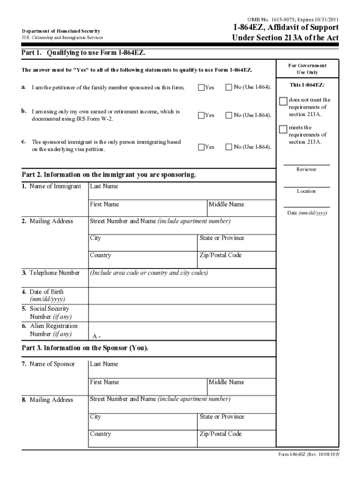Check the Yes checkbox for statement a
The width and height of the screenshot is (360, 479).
click(x=202, y=87)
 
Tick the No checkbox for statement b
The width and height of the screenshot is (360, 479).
click(x=229, y=115)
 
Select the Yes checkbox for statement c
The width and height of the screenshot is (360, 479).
click(x=202, y=147)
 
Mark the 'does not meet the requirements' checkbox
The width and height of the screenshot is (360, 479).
click(x=283, y=102)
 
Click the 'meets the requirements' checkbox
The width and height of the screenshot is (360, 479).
click(x=283, y=129)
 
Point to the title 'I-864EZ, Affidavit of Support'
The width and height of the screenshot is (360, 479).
click(x=286, y=28)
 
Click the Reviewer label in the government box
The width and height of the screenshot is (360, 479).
click(x=307, y=169)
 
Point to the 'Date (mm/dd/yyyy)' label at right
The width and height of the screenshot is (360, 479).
click(x=307, y=213)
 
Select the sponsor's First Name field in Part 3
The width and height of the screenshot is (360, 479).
click(x=148, y=386)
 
